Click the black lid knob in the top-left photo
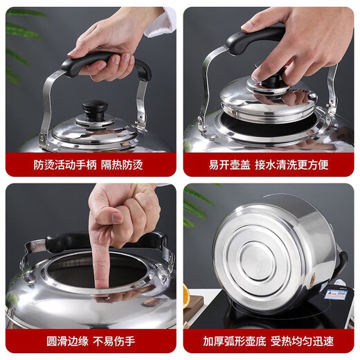click(x=95, y=109)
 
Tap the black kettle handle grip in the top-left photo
click(x=104, y=61)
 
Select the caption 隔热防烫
click(x=127, y=165)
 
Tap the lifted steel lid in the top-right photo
click(x=270, y=97)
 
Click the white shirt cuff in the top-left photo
click(x=159, y=24)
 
